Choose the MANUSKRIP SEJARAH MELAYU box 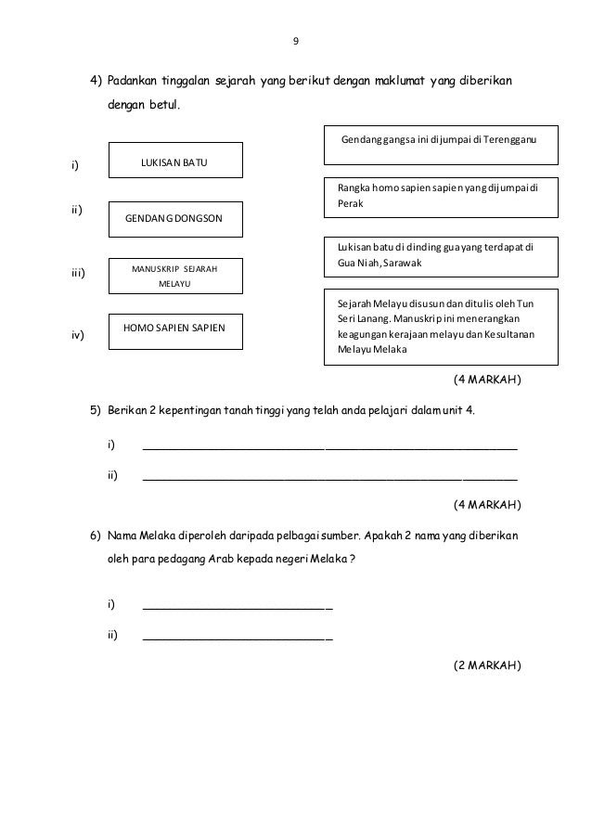pyautogui.click(x=175, y=276)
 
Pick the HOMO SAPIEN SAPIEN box pyautogui.click(x=175, y=329)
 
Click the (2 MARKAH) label pyautogui.click(x=486, y=665)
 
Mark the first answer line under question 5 pyautogui.click(x=329, y=446)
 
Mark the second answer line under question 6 pyautogui.click(x=238, y=638)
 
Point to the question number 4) pyautogui.click(x=96, y=81)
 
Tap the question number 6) pyautogui.click(x=96, y=536)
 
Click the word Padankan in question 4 pyautogui.click(x=134, y=81)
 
